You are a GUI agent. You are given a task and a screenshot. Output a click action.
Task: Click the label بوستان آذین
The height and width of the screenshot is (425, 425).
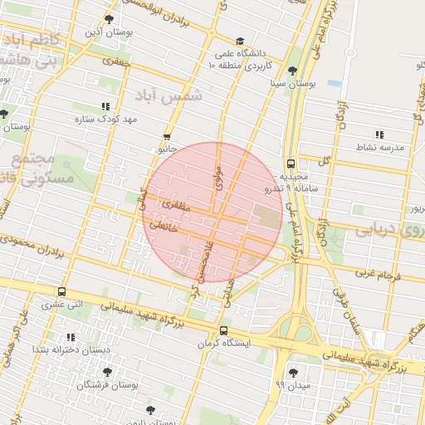pyautogui.click(x=109, y=33)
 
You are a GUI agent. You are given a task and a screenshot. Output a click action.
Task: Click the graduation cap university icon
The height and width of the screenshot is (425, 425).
pyautogui.click(x=239, y=41)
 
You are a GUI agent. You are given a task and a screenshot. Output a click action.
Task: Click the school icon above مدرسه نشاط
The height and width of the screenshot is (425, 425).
pyautogui.click(x=379, y=134)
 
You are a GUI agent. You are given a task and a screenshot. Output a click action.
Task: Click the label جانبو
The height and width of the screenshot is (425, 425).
pyautogui.click(x=167, y=149)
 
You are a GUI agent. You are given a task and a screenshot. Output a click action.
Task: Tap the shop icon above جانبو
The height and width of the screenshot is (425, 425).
pyautogui.click(x=167, y=137)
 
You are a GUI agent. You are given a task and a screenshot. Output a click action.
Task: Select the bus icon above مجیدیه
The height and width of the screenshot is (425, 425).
pyautogui.click(x=291, y=164)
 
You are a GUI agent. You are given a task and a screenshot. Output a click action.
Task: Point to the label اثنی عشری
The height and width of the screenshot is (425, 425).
pyautogui.click(x=62, y=305)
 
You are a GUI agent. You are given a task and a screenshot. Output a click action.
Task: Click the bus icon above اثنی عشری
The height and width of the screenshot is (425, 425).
pyautogui.click(x=62, y=291)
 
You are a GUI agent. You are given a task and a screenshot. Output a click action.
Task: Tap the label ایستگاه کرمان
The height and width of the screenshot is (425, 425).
pyautogui.click(x=222, y=343)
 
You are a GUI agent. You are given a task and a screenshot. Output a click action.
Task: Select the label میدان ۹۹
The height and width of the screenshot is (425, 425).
pyautogui.click(x=291, y=386)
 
